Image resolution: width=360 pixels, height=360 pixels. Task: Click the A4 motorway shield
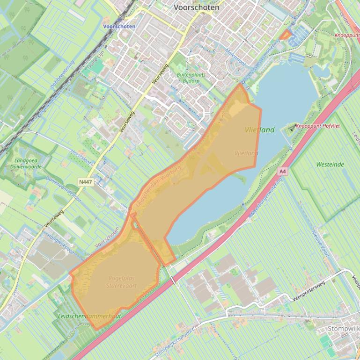pyautogui.click(x=282, y=172)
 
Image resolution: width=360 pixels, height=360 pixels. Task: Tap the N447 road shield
pyautogui.click(x=85, y=181)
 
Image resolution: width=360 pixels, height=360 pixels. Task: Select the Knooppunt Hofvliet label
pyautogui.click(x=318, y=126)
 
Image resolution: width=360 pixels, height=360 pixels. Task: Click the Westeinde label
pyautogui.click(x=330, y=165)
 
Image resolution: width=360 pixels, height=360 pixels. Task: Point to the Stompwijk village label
pyautogui.click(x=343, y=329)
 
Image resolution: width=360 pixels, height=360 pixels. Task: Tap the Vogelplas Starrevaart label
pyautogui.click(x=121, y=282)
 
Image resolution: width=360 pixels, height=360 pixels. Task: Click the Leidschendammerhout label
pyautogui.click(x=89, y=316)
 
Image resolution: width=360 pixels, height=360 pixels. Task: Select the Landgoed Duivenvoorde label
pyautogui.click(x=26, y=163)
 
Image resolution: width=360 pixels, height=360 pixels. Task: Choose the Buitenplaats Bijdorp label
pyautogui.click(x=191, y=77)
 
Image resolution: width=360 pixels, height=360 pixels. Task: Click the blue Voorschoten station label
pyautogui.click(x=119, y=27)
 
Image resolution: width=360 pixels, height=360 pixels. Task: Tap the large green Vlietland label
pyautogui.click(x=260, y=130)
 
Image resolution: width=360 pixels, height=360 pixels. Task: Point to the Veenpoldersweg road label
pyautogui.click(x=309, y=291)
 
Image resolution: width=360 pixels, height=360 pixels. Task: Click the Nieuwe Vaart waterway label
pyautogui.click(x=321, y=244)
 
